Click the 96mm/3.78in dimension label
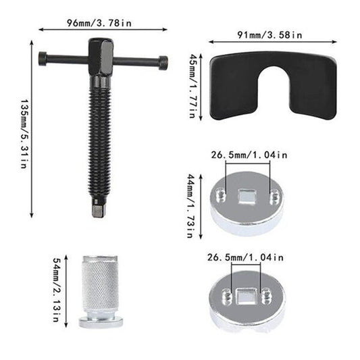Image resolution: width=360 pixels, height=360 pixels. click(x=99, y=23)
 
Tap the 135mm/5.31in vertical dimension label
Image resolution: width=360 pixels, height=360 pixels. click(x=24, y=134)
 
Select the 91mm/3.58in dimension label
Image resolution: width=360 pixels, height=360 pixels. click(x=269, y=35)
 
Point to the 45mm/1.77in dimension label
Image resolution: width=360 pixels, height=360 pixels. click(x=192, y=86)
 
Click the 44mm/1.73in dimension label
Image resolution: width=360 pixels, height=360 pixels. click(x=191, y=206)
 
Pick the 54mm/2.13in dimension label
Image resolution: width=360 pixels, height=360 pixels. click(x=57, y=290)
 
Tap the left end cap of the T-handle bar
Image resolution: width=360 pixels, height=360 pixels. click(x=43, y=59)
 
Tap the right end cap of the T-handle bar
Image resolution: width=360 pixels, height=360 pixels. click(x=163, y=61)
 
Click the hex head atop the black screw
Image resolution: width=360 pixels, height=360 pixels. click(x=101, y=57)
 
